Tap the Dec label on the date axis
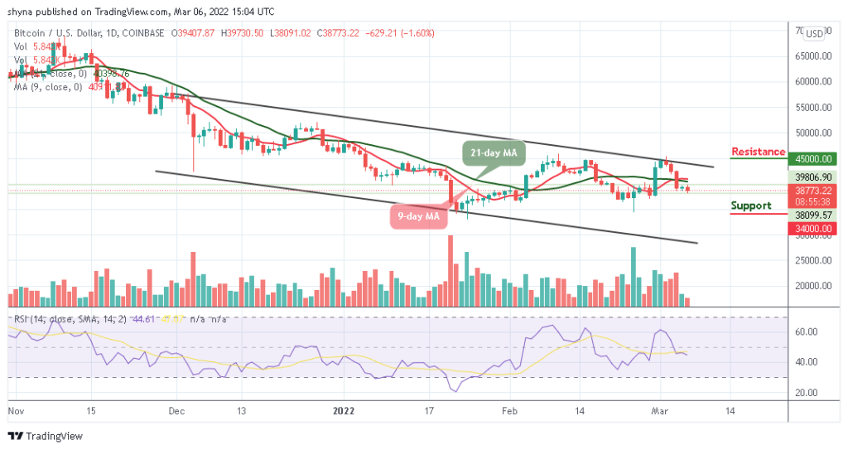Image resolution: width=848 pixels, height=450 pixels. click(x=175, y=409)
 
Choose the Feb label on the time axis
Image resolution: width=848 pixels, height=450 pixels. click(x=510, y=409)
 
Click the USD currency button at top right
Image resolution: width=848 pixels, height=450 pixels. click(x=814, y=34)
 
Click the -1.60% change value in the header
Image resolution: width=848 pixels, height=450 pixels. click(x=418, y=33)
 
